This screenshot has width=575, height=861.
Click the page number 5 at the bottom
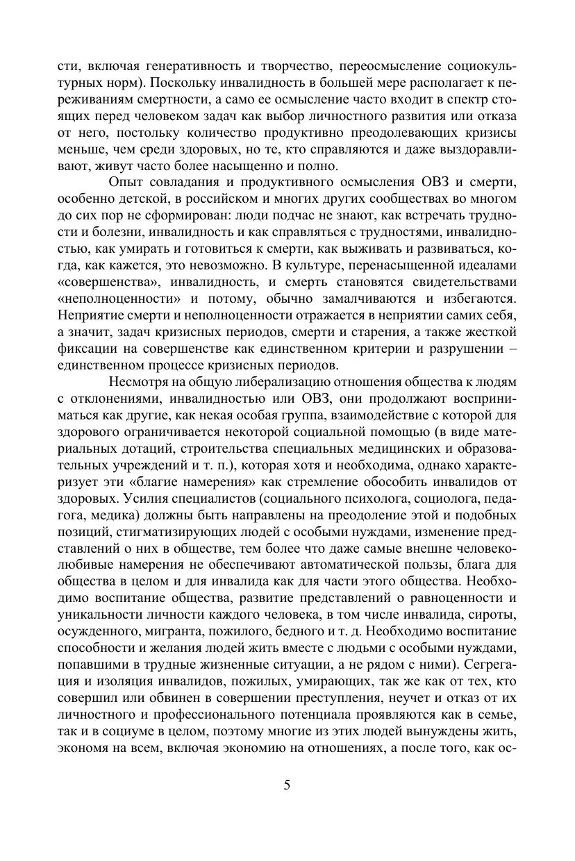pos(287,786)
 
